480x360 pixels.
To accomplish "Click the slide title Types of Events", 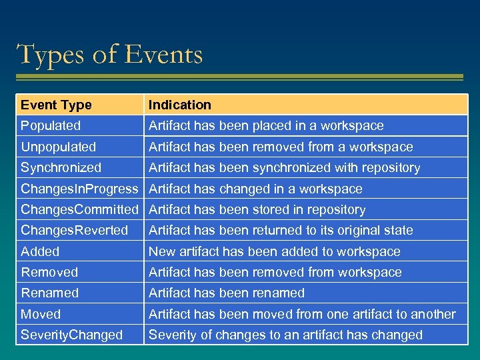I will [110, 54].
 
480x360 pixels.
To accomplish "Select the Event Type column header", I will [56, 105].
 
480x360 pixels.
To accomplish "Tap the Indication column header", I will [179, 105].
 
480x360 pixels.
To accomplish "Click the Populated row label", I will [51, 125].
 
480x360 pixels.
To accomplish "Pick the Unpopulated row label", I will [59, 147].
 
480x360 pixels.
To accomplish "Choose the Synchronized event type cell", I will [61, 167].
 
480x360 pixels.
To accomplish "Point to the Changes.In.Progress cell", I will [79, 189].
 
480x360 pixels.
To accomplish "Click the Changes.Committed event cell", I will [79, 209].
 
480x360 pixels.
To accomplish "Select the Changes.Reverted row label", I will [74, 230].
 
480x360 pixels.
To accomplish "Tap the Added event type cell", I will [40, 251].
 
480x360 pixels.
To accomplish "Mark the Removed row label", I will [49, 272].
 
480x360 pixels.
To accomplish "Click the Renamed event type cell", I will [49, 293].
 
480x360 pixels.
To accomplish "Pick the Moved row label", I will [41, 314].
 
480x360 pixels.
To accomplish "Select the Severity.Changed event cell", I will [72, 335].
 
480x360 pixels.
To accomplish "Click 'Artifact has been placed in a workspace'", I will [266, 125].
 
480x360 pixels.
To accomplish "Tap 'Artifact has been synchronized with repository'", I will [284, 167].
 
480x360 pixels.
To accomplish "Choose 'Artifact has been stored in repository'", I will [257, 209].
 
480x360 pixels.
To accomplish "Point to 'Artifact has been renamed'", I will [227, 293].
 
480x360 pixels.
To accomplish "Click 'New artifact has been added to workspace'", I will [274, 251].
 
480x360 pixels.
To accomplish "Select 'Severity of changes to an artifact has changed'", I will [285, 335].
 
